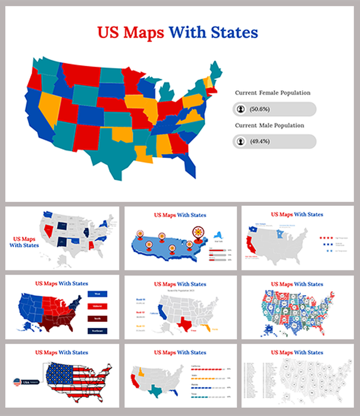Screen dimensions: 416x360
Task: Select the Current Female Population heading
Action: [x=272, y=93]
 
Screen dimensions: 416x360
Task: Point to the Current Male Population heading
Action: [x=269, y=125]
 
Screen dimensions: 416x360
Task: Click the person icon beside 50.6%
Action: [x=240, y=110]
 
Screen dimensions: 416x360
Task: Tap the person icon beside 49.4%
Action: [x=240, y=142]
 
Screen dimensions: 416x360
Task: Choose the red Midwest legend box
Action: [x=98, y=306]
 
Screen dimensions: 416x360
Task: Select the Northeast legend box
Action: [x=98, y=329]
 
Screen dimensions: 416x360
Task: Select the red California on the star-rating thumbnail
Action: [x=249, y=247]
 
